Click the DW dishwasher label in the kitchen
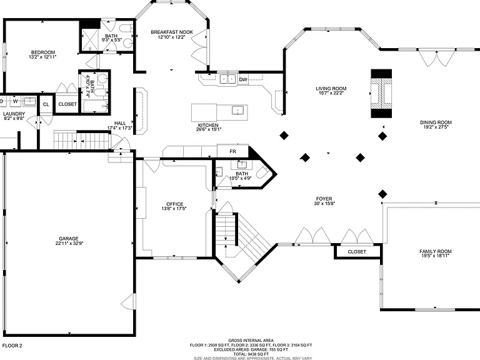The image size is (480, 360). (243, 80)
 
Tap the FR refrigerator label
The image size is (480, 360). (232, 151)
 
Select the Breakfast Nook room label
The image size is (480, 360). (172, 32)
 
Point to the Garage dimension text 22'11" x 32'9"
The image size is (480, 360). (69, 244)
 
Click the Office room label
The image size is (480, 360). (175, 204)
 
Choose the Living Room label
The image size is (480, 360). (331, 89)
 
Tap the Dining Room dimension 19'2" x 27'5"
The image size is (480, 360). (436, 127)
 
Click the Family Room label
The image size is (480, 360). (436, 251)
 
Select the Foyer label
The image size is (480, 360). (324, 199)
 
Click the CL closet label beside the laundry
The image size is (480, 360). (46, 104)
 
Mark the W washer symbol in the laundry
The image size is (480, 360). (15, 101)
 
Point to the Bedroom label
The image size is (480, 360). (43, 52)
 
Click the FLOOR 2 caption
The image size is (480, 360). (12, 346)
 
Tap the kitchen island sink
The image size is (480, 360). (237, 110)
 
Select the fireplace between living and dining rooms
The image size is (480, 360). (381, 93)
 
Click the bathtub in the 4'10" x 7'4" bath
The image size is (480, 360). (96, 106)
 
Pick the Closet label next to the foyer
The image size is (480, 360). (357, 252)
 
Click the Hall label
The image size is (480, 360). (120, 123)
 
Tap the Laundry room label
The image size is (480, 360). (14, 114)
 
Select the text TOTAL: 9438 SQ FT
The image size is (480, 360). (251, 354)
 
